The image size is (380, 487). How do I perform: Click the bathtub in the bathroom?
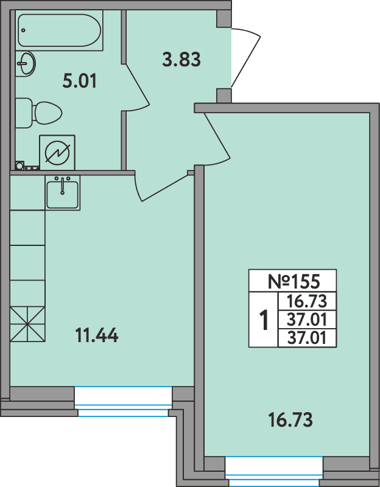point(60,30)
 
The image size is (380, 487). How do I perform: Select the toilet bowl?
point(43,113)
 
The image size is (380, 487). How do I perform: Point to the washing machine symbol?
point(57,152)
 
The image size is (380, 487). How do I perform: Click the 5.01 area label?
point(80,80)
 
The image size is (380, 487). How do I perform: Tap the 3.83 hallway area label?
point(181,60)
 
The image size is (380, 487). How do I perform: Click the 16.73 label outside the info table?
point(290,419)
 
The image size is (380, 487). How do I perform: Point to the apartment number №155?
point(293,282)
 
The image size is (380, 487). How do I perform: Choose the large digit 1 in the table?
point(264,320)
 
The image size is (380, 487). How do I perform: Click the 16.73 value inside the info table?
point(308,301)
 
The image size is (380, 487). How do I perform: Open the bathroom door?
point(137,85)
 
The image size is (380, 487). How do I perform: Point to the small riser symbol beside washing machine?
point(19,165)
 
